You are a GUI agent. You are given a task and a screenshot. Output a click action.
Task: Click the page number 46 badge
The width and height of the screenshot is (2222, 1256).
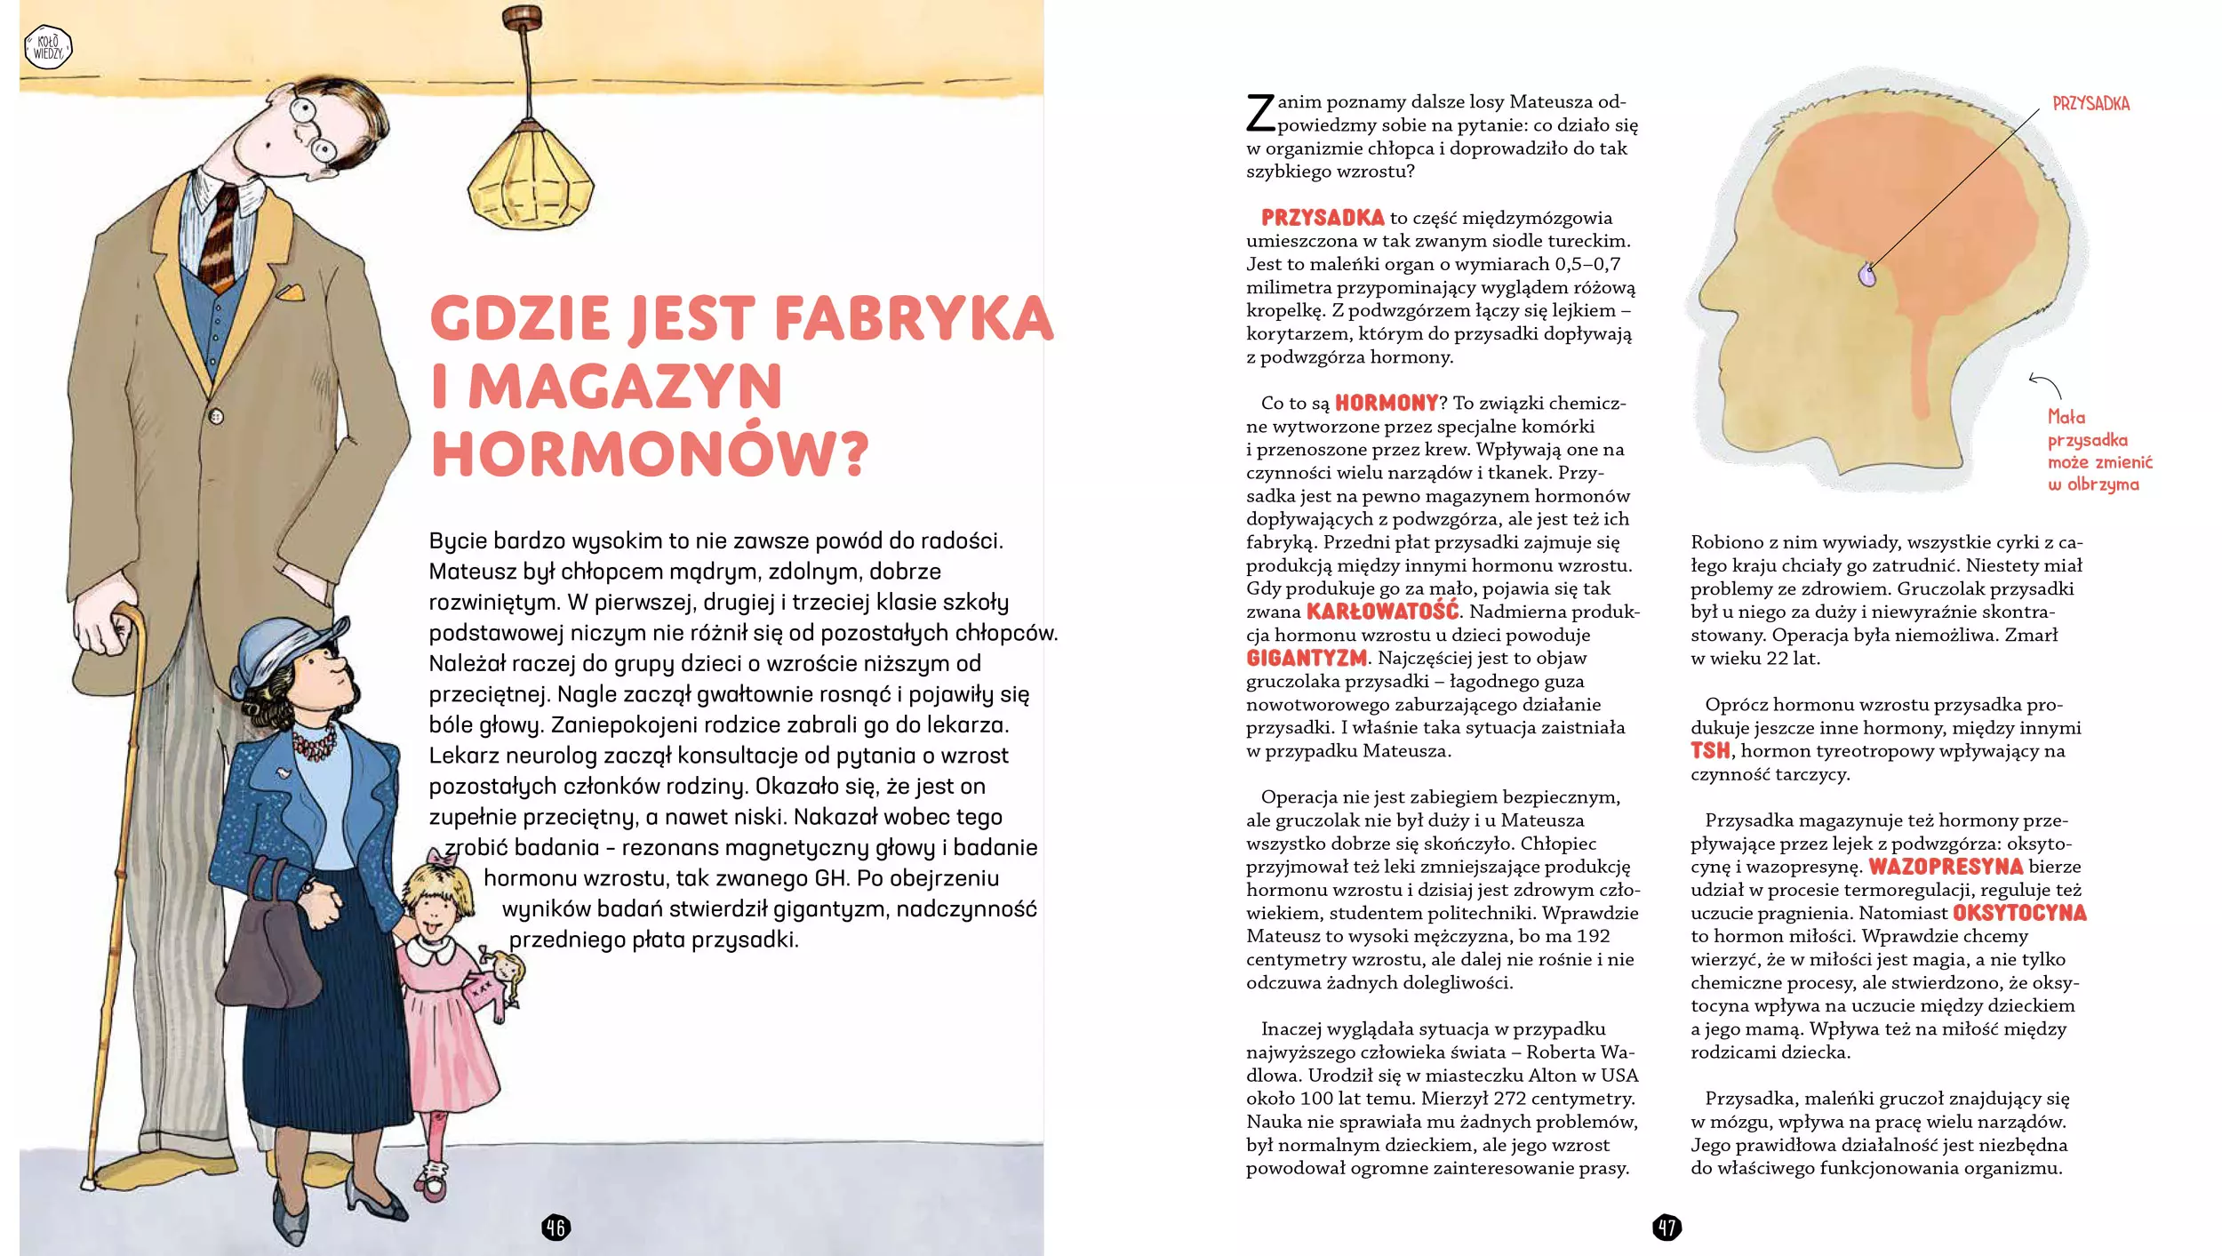pos(555,1228)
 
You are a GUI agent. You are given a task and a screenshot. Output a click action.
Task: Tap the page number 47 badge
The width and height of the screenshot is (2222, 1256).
pos(1666,1228)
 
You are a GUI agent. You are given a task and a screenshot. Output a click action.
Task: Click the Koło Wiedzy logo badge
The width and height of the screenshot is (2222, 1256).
pos(48,48)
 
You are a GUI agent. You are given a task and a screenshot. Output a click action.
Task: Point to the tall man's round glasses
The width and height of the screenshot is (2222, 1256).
pos(313,130)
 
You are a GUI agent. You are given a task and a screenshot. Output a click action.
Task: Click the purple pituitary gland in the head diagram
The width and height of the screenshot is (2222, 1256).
pos(1867,275)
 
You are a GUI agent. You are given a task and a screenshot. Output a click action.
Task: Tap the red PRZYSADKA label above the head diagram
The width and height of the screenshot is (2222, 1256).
pos(2090,104)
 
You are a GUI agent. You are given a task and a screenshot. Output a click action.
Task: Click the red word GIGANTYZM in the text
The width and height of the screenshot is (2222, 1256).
pos(1306,659)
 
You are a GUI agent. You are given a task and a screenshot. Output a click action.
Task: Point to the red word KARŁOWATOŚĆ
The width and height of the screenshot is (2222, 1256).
pos(1382,612)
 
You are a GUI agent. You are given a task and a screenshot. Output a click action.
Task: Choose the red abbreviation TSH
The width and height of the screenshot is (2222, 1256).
pos(1709,751)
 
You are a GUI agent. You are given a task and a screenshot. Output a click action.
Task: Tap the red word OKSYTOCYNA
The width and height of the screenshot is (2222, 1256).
pos(2018,913)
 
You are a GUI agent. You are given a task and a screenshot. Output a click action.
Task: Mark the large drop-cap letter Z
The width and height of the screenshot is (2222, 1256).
pos(1260,114)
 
